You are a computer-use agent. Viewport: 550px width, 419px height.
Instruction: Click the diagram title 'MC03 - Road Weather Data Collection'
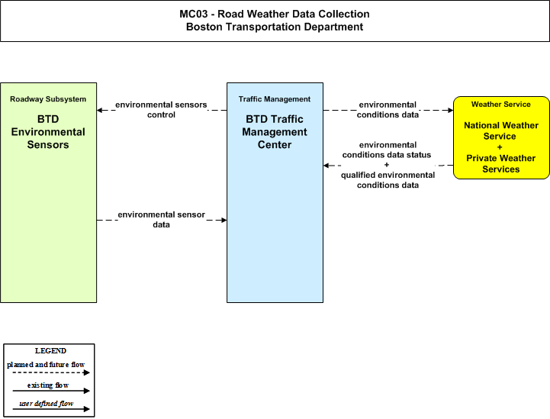pos(275,14)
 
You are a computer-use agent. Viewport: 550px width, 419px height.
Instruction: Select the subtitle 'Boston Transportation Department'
pos(275,27)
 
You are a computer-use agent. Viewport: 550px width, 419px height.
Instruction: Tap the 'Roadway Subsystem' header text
pos(48,99)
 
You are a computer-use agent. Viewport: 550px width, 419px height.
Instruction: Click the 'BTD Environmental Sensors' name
pos(48,132)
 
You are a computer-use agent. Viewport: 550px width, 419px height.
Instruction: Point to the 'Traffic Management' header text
pos(275,99)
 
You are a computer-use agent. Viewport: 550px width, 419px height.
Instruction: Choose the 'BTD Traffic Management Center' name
pos(275,132)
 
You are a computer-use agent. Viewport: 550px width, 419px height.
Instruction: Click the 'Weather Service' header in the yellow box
pos(501,105)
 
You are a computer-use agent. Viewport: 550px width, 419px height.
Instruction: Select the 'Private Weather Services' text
pos(501,163)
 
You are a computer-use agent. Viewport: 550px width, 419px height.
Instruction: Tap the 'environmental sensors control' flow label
pos(161,110)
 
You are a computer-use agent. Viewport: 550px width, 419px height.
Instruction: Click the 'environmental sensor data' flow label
pos(162,220)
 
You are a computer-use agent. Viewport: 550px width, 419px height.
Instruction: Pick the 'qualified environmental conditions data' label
pos(388,180)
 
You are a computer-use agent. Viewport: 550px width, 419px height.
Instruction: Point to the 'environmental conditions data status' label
pos(387,150)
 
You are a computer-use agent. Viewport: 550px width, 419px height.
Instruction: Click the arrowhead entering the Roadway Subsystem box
pos(99,110)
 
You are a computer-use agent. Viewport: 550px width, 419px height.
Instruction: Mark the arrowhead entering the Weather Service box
pos(451,110)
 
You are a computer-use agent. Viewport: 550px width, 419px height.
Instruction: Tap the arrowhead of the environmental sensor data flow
pos(224,220)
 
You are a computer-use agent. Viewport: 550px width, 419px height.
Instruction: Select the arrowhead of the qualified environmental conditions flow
pos(326,166)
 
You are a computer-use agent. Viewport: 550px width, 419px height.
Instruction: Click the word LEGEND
pos(50,351)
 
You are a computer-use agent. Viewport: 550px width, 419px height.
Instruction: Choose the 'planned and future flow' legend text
pos(46,365)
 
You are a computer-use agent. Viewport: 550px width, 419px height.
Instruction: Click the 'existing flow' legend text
pos(48,385)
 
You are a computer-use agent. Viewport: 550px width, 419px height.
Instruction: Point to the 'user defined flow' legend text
pos(47,404)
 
